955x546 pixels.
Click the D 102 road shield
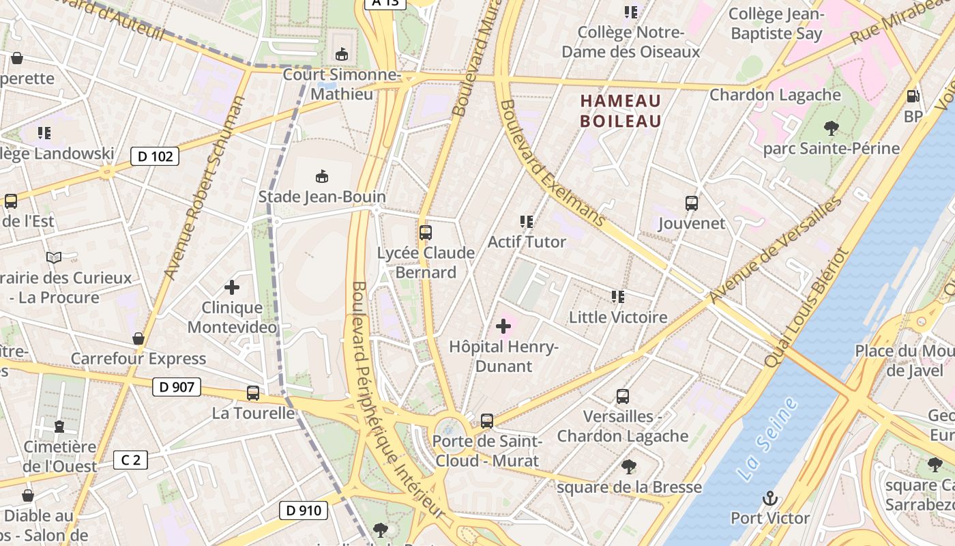(x=155, y=156)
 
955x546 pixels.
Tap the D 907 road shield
(x=176, y=387)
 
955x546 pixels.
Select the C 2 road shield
(x=130, y=460)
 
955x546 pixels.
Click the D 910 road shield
(x=304, y=510)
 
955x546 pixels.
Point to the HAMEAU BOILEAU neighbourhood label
(x=621, y=111)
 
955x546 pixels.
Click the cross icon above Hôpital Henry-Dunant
(x=503, y=326)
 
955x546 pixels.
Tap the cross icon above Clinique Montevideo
(x=232, y=287)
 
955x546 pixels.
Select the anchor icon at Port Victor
(x=770, y=498)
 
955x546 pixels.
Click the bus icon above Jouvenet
(x=692, y=203)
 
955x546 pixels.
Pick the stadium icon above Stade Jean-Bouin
(x=322, y=177)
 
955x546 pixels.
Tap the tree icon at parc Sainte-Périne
(x=831, y=128)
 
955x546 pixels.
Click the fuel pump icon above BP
(x=913, y=96)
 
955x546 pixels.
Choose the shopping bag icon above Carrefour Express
(x=138, y=339)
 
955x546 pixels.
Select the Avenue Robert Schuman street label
(x=205, y=188)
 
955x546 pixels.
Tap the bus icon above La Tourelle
(x=253, y=393)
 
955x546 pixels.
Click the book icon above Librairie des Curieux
(x=54, y=257)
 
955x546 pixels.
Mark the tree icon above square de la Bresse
(x=628, y=467)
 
